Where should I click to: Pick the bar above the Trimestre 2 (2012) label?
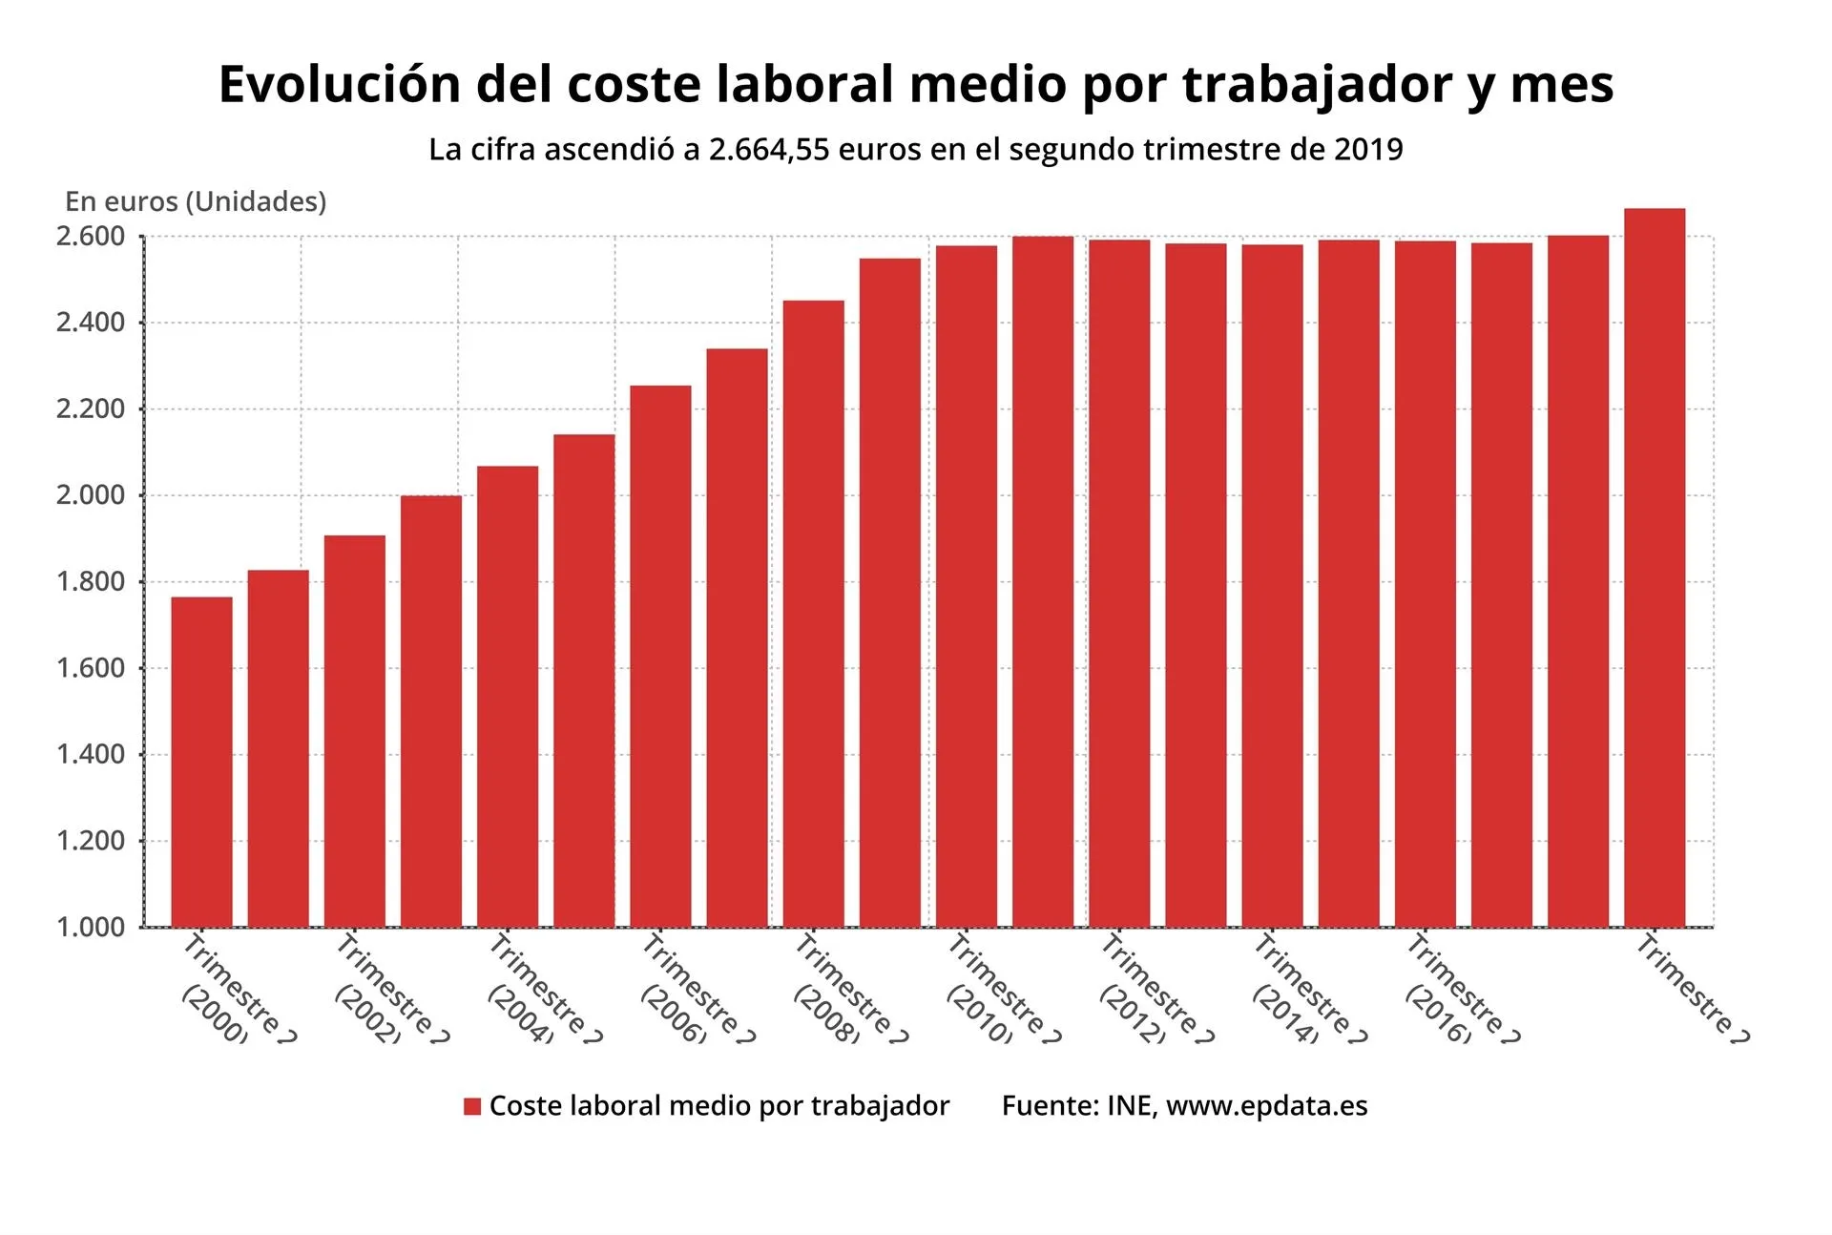point(1119,583)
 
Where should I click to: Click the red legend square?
point(472,1106)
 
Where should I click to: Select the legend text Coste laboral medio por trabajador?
point(719,1106)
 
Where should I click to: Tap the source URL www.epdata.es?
point(1266,1106)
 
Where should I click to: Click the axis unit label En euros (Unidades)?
point(196,201)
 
